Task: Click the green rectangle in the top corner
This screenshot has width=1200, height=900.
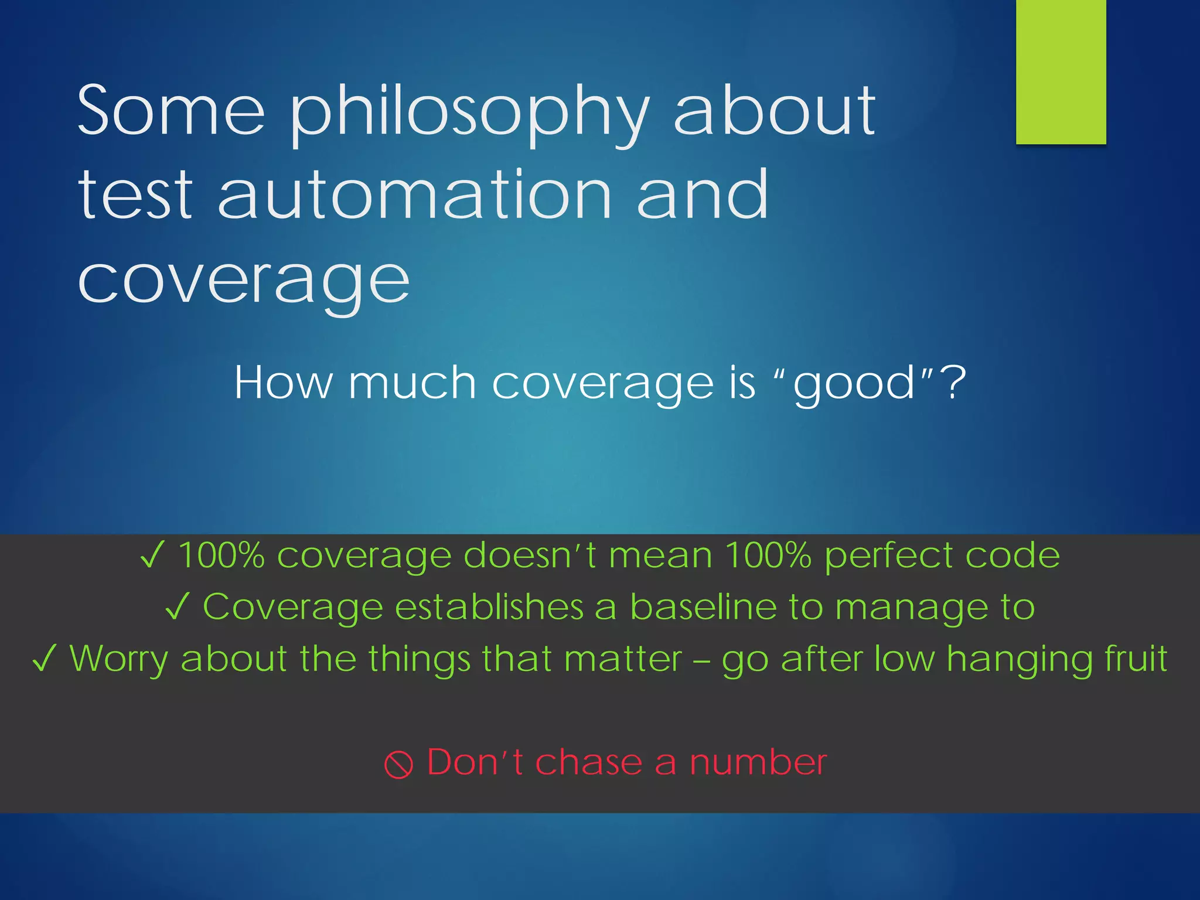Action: point(1061,71)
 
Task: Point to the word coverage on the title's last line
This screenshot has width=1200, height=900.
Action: point(243,281)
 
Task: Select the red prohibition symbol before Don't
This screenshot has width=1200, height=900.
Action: point(398,765)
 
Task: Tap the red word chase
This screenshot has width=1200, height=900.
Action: point(588,763)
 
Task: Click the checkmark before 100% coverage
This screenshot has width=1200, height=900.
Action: point(151,555)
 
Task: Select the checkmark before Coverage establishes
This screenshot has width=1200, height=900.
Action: point(177,607)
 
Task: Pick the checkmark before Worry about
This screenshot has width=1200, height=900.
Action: point(45,659)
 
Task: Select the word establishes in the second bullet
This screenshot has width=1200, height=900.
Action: point(489,607)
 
